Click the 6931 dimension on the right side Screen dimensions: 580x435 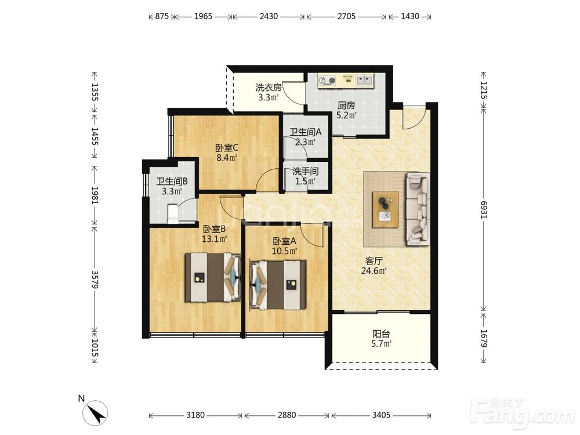(484, 209)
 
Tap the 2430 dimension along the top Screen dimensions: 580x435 (269, 16)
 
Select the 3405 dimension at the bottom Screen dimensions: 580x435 (381, 415)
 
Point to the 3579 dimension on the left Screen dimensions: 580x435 (95, 280)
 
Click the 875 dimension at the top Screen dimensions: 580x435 (162, 16)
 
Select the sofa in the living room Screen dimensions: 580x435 (418, 209)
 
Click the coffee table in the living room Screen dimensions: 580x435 (386, 210)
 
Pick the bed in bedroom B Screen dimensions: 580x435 (213, 277)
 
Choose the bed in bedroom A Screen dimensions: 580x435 (278, 285)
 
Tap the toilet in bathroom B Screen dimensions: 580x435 (173, 214)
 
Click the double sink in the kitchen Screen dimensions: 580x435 (364, 80)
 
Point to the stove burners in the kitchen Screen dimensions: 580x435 (327, 80)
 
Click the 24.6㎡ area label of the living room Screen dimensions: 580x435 (374, 271)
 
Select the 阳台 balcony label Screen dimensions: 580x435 (381, 334)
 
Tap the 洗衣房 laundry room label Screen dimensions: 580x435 (269, 88)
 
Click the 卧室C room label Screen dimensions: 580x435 (227, 148)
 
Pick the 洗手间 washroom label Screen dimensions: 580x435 (306, 172)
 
